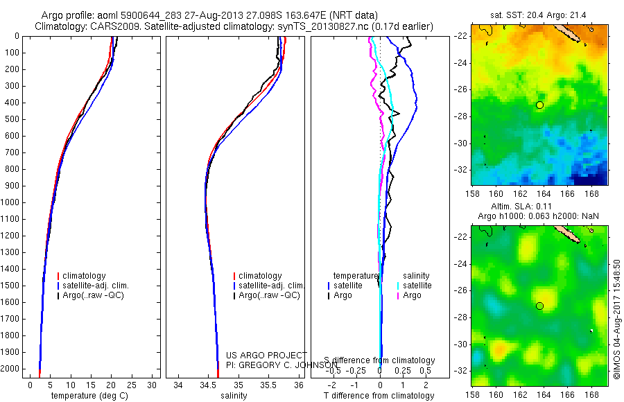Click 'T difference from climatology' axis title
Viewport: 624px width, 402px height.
pos(380,396)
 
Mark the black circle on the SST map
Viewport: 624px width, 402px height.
pos(540,105)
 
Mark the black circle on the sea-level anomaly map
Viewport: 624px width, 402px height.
pos(540,306)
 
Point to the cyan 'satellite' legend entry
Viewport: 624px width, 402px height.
pos(416,286)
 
